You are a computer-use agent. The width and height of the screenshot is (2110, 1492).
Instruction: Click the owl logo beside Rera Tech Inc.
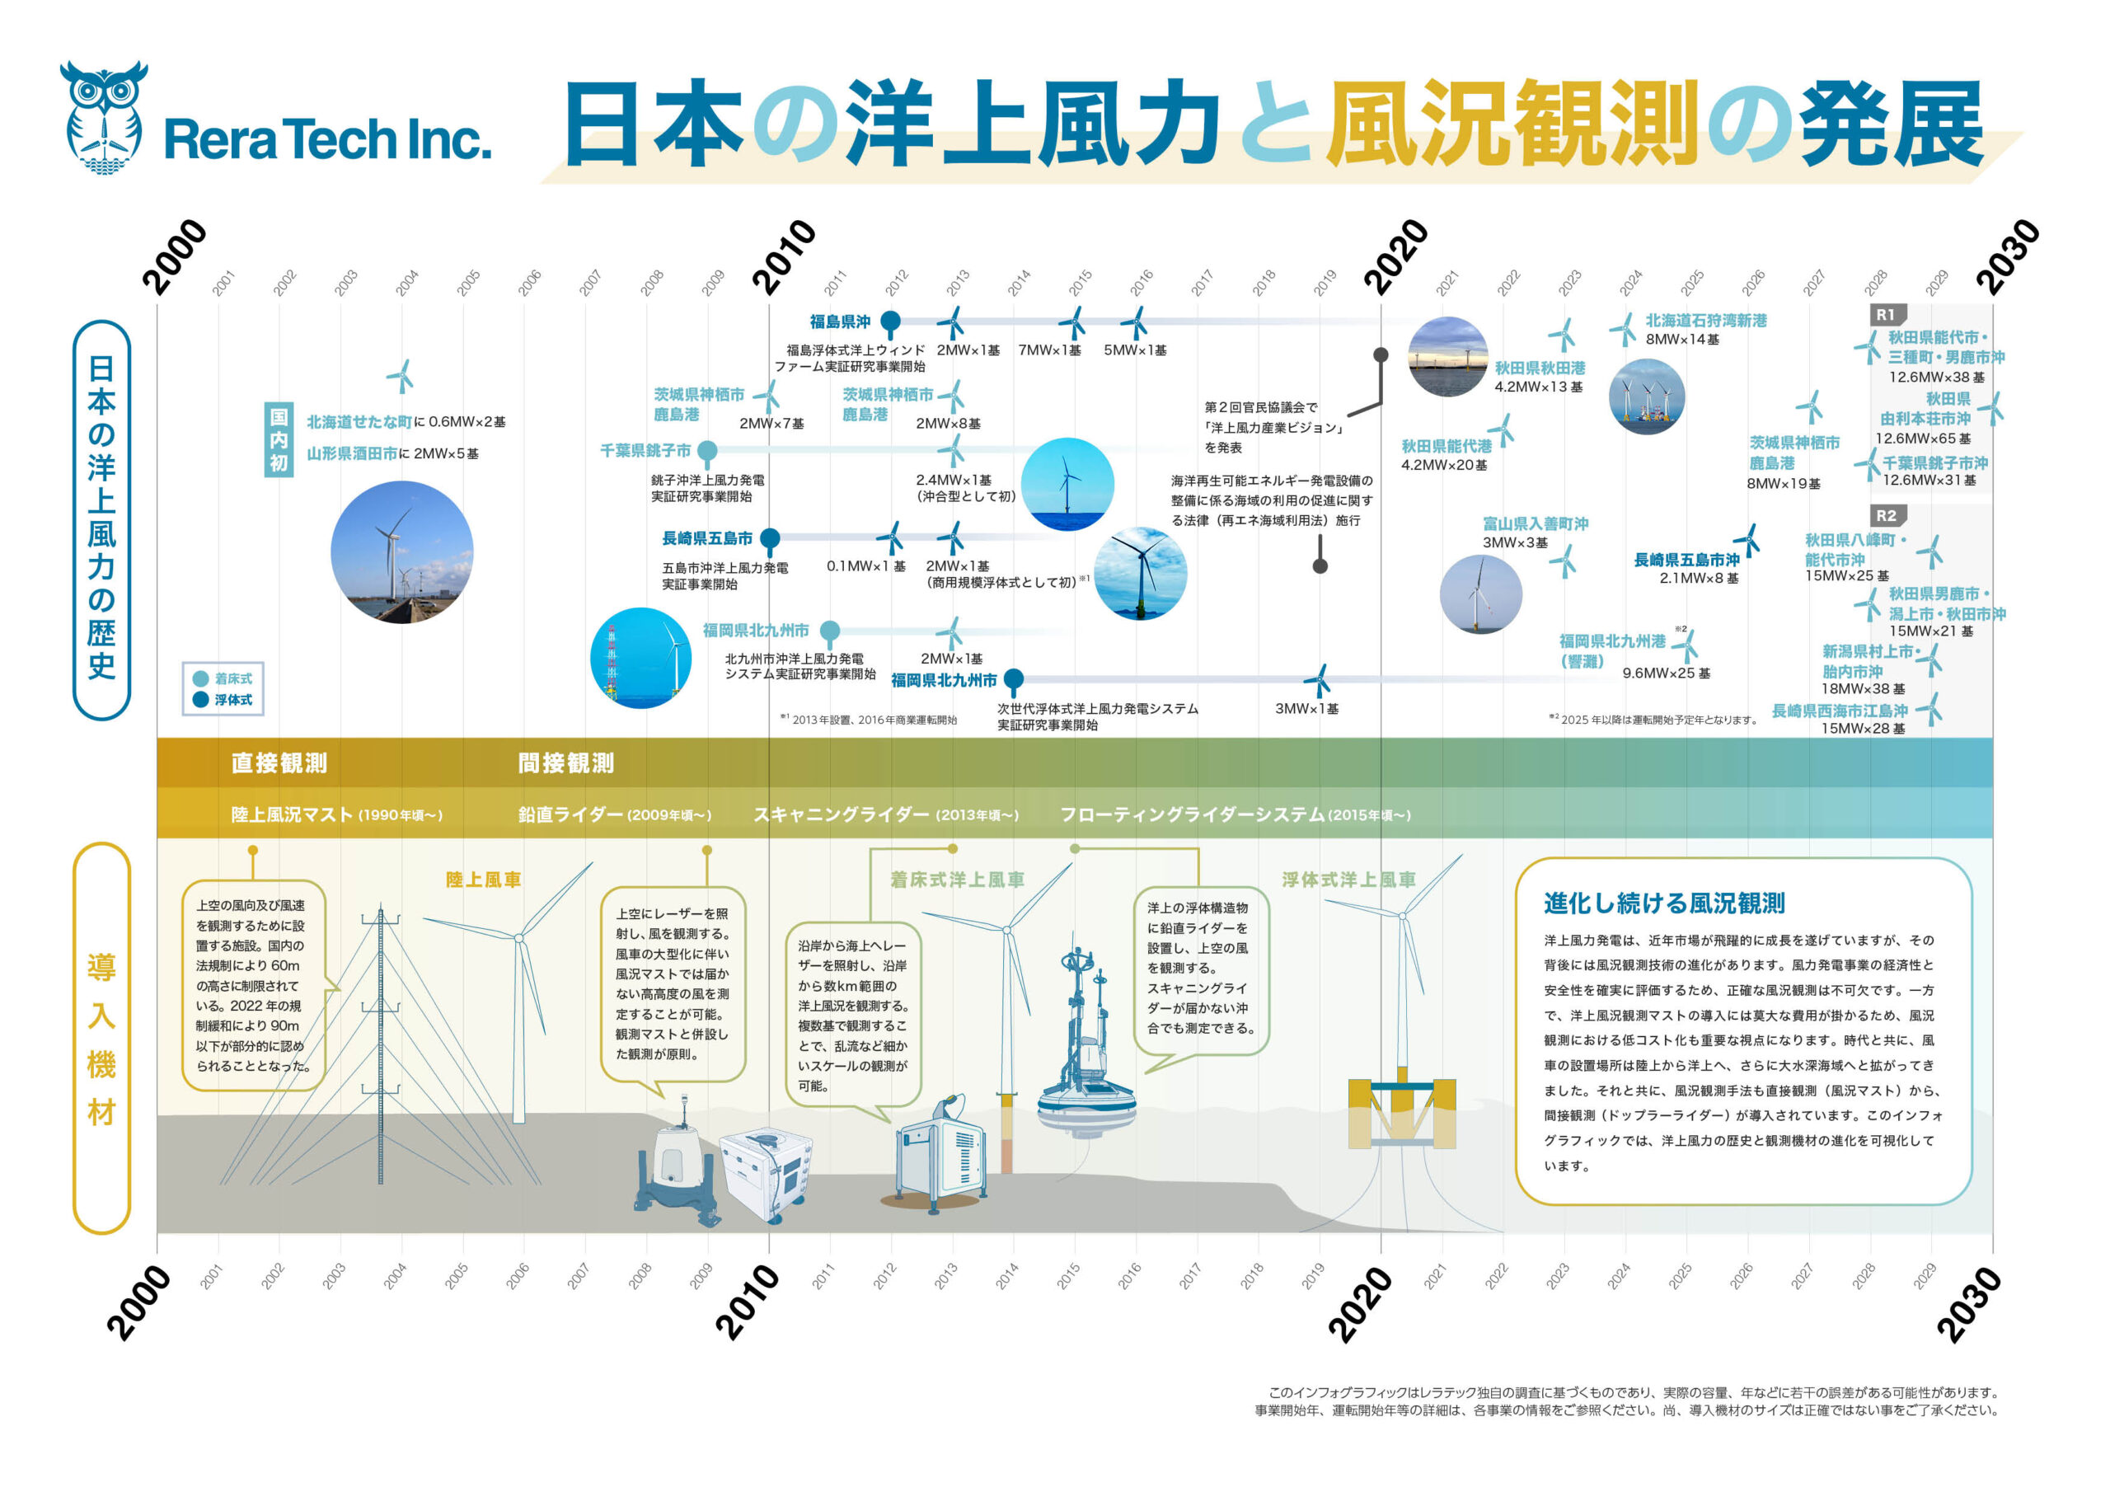[103, 118]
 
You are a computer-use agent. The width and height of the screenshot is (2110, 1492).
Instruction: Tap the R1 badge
[1886, 314]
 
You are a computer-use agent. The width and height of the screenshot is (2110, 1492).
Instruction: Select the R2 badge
[1886, 516]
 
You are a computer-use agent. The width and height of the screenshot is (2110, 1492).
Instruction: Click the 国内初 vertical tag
[279, 439]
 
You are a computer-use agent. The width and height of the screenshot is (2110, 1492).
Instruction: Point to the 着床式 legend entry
[223, 678]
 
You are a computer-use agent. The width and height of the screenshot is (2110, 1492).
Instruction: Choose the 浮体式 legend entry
[223, 700]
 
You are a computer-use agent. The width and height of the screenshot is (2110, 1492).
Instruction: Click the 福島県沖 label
[839, 321]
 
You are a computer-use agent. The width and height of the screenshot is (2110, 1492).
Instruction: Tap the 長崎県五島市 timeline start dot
[770, 537]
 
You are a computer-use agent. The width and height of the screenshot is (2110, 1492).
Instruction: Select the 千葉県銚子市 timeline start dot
[706, 450]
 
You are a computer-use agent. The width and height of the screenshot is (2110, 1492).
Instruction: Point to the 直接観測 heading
[279, 763]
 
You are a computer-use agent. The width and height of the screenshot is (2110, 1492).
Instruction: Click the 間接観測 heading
[565, 763]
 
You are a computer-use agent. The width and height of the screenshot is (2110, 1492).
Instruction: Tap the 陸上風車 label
[482, 880]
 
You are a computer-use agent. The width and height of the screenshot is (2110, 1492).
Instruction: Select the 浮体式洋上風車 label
[1348, 880]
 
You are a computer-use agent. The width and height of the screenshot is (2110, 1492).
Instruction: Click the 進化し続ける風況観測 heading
[1663, 903]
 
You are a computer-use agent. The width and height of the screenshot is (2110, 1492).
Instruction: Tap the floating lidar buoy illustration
[1086, 1048]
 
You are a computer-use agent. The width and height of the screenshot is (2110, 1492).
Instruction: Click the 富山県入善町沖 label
[1535, 524]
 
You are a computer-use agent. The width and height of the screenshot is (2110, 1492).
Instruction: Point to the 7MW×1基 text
[1048, 350]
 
